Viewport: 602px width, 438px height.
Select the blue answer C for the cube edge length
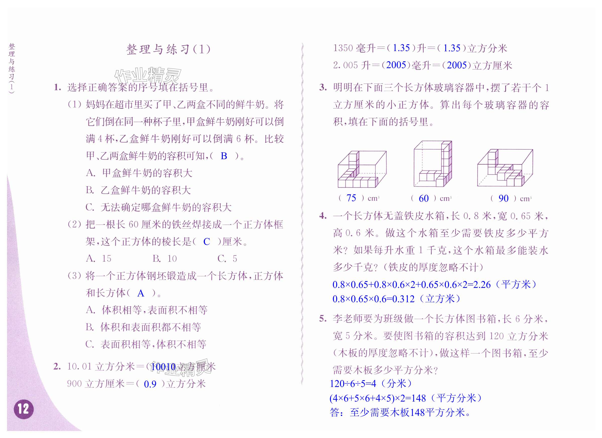[x=206, y=242]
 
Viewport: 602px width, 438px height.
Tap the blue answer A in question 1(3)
[x=140, y=293]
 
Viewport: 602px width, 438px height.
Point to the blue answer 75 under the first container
[x=351, y=198]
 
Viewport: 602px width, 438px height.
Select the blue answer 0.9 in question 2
[x=150, y=384]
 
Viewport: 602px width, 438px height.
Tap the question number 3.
[x=323, y=87]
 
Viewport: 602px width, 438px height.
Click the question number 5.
[x=323, y=318]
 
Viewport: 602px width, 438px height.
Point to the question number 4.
[x=323, y=215]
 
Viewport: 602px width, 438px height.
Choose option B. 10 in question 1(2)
[x=165, y=258]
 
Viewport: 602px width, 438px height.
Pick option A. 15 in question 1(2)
[x=99, y=258]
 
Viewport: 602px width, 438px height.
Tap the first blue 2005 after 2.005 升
[x=396, y=65]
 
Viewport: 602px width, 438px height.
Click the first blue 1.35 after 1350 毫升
[x=401, y=48]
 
